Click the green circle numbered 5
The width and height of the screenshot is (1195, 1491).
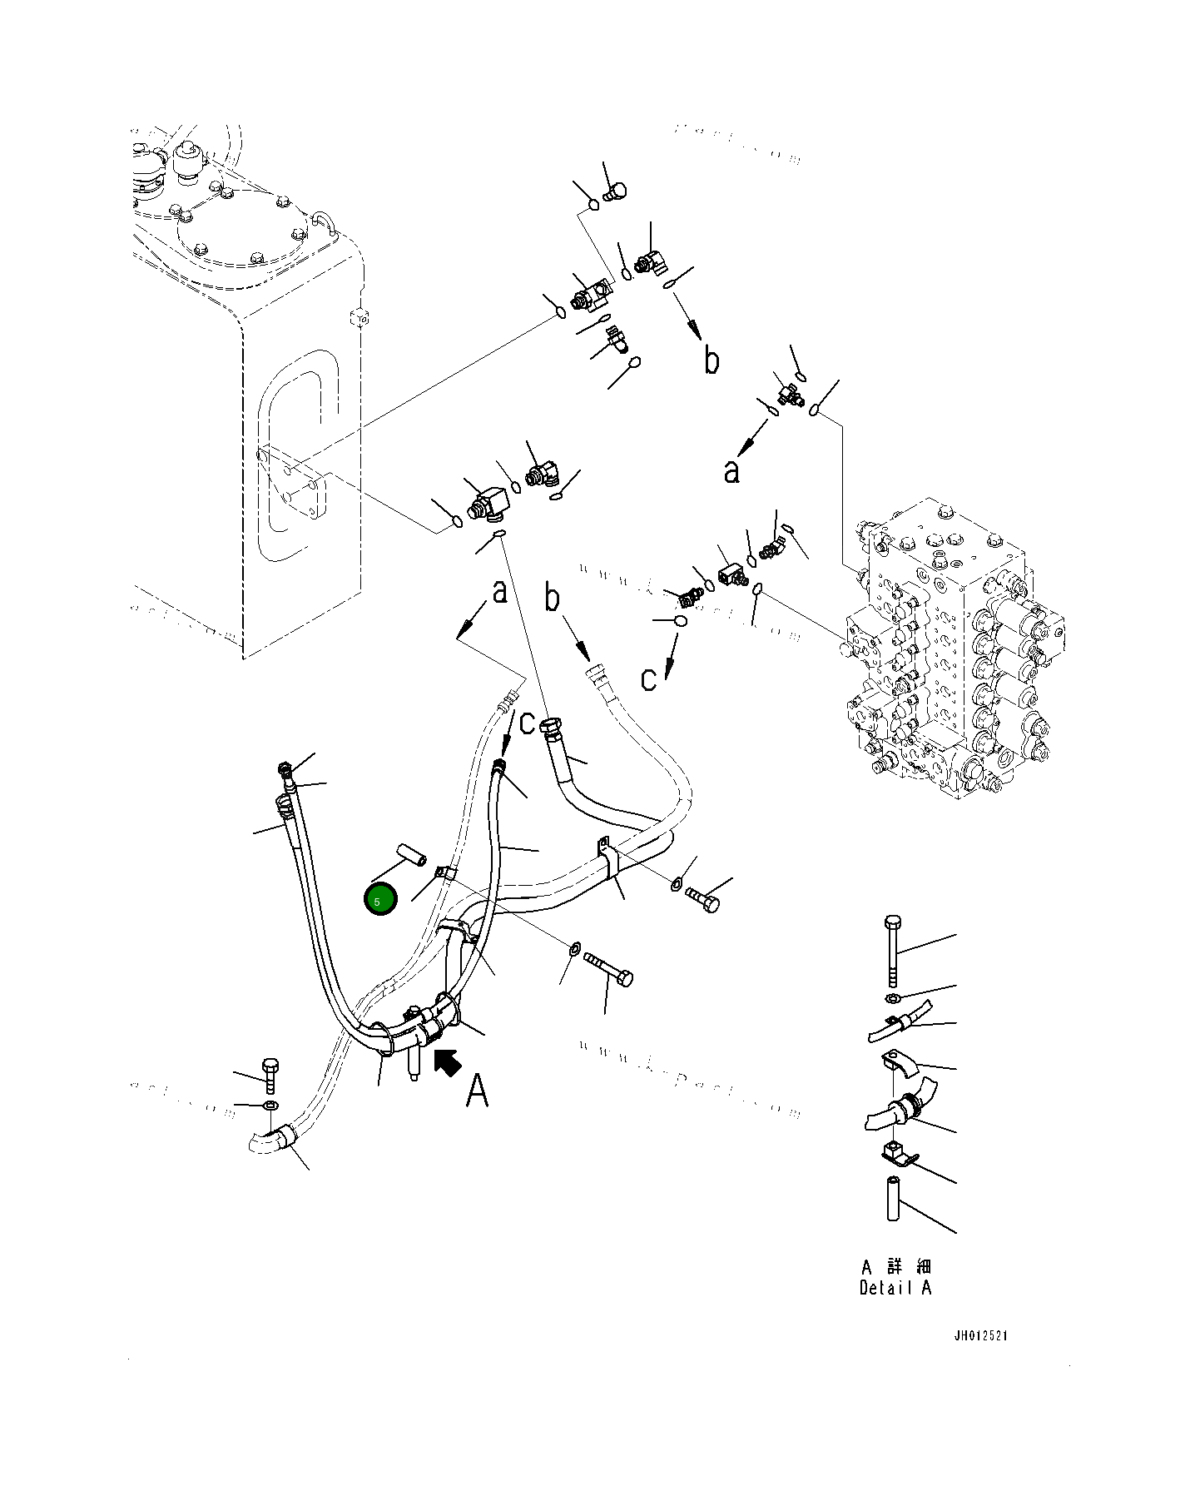[x=380, y=900]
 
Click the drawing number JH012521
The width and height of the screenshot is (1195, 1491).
[x=980, y=1336]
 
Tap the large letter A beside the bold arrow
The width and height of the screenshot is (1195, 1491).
[x=477, y=1090]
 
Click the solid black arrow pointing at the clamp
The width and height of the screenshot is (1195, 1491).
[x=448, y=1061]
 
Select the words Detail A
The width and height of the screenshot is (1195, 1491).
[x=895, y=1288]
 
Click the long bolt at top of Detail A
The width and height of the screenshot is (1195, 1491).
[x=892, y=949]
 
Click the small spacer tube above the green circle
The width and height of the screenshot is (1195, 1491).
[x=412, y=855]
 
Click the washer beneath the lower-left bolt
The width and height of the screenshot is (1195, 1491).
[x=270, y=1106]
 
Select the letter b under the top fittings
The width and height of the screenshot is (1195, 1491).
[x=712, y=360]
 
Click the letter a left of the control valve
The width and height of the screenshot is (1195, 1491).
[x=731, y=472]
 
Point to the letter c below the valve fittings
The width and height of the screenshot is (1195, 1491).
[x=648, y=679]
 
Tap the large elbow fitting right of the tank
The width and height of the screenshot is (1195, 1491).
[x=491, y=503]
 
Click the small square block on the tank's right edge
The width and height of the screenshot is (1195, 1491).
[x=359, y=317]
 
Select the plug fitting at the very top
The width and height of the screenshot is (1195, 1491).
[x=614, y=192]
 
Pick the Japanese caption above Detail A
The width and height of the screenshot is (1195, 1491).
[x=896, y=1266]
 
